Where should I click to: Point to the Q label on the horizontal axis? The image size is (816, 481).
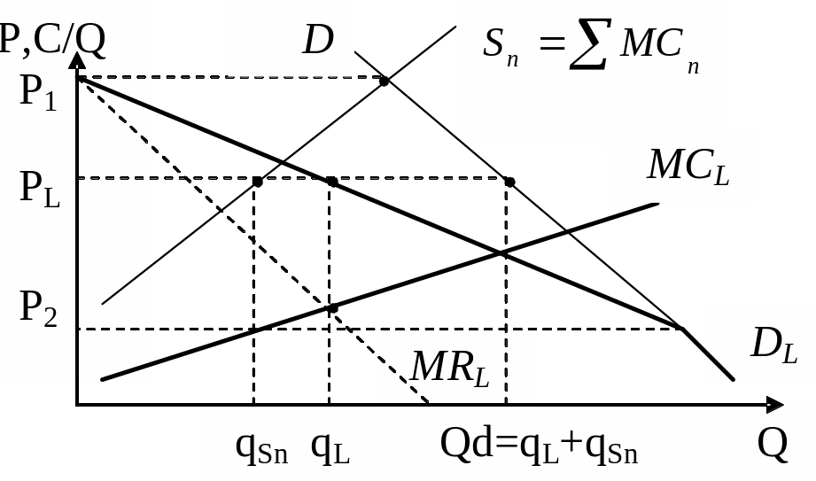[x=772, y=445]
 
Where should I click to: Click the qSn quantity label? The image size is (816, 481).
[x=261, y=449]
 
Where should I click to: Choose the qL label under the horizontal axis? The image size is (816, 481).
[x=330, y=449]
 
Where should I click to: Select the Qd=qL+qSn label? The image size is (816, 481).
[x=539, y=448]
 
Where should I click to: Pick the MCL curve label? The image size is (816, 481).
[x=688, y=165]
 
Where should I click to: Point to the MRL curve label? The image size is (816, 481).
[x=450, y=366]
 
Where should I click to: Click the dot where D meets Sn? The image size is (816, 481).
[x=385, y=81]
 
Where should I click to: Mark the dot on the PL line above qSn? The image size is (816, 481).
[x=257, y=182]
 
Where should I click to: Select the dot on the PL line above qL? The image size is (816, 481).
[x=331, y=182]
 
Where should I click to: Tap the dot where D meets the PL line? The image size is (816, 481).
[x=510, y=182]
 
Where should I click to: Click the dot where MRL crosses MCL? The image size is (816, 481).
[x=333, y=307]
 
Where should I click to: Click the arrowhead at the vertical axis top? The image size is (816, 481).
[x=78, y=60]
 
